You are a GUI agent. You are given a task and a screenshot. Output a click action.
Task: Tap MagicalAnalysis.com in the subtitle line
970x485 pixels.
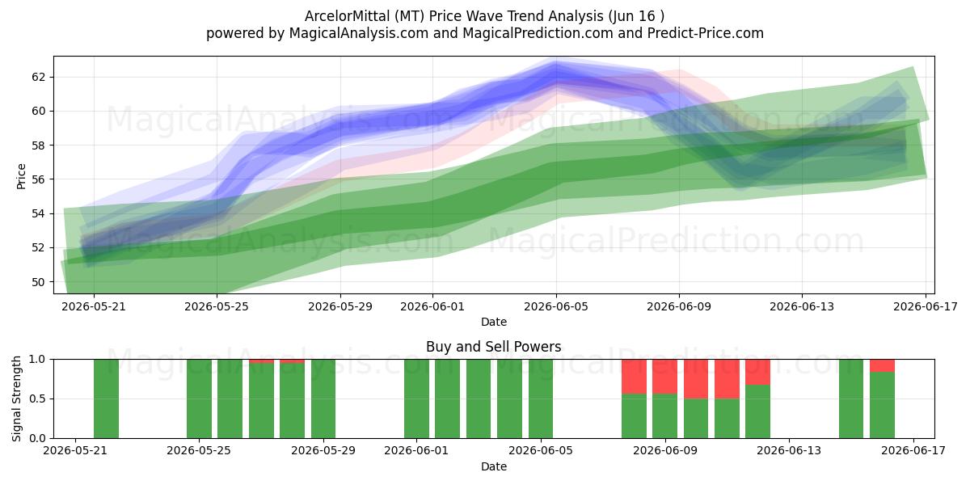coord(359,33)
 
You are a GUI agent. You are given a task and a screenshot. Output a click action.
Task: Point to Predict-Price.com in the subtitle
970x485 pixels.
coord(706,33)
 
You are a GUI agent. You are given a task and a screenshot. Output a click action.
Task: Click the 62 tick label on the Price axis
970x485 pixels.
coord(39,77)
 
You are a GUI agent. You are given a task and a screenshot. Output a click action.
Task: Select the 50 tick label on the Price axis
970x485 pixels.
coord(39,282)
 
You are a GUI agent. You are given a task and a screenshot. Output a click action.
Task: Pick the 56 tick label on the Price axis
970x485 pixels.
coord(39,179)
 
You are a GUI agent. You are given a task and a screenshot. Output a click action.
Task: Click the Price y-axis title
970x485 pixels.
coord(21,176)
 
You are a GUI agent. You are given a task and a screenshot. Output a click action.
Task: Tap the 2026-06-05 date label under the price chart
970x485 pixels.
coord(556,306)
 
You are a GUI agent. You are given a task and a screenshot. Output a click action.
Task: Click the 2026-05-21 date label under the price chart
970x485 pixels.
coord(94,306)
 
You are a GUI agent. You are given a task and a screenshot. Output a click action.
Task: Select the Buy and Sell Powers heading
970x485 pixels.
coord(494,347)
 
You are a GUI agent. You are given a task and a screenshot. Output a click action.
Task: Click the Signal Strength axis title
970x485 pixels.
coord(16,399)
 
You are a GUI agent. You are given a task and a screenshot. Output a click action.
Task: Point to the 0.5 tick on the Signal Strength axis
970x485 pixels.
coord(37,399)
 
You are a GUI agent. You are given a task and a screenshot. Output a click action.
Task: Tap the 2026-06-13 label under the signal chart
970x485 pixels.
coord(789,450)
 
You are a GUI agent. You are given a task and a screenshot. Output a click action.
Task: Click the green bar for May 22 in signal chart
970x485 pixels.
coord(106,399)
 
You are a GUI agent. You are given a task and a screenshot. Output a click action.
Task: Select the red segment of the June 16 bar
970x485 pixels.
coord(882,365)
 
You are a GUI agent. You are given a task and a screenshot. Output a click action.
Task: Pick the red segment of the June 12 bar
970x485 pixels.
coord(758,372)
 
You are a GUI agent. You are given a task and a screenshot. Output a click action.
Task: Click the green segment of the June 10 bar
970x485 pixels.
coord(696,419)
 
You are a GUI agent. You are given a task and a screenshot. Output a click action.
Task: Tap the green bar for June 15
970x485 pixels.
coord(851,399)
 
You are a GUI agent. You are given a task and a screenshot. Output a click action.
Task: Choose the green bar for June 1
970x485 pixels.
coord(416,399)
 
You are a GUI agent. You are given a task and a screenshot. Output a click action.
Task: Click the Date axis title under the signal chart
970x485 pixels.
coord(494,466)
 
